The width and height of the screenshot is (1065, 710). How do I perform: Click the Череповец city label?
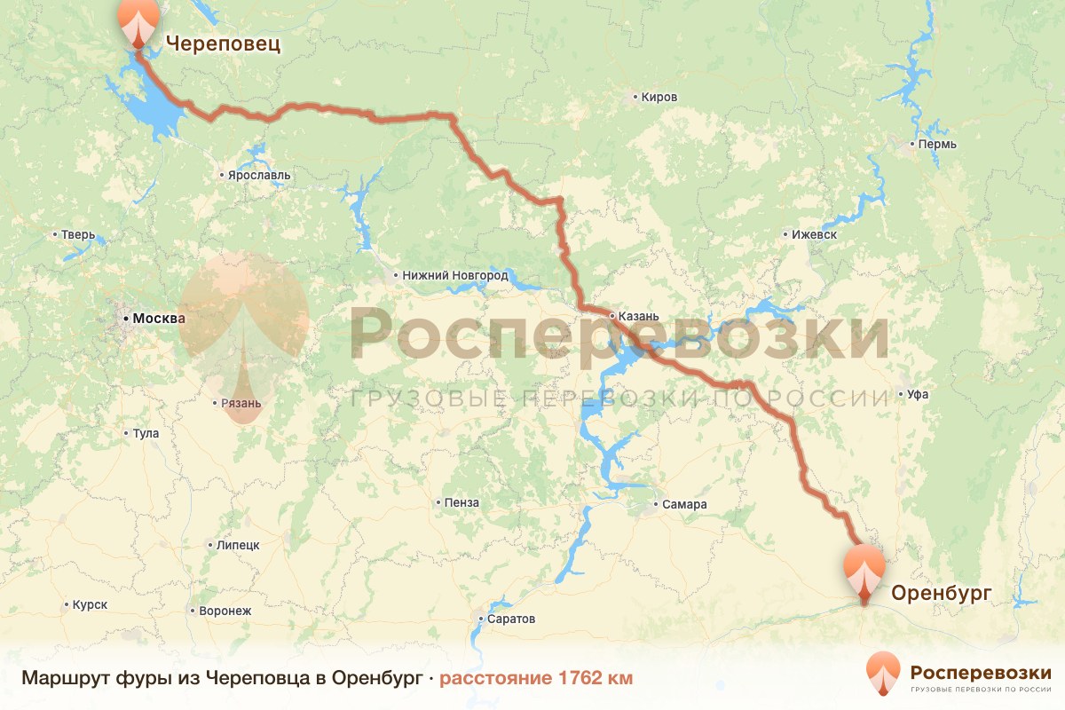pyautogui.click(x=223, y=43)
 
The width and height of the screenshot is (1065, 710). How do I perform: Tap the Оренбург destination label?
pyautogui.click(x=941, y=592)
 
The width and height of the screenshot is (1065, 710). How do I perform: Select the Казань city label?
pyautogui.click(x=639, y=316)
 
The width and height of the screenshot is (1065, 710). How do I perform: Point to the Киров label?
pyautogui.click(x=659, y=97)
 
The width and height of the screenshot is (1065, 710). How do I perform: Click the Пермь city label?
pyautogui.click(x=938, y=144)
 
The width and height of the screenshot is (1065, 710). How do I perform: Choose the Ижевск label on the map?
pyautogui.click(x=814, y=235)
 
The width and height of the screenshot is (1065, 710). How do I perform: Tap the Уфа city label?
pyautogui.click(x=918, y=394)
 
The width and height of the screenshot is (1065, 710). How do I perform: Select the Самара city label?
pyautogui.click(x=684, y=505)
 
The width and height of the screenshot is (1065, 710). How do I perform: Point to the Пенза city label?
pyautogui.click(x=461, y=503)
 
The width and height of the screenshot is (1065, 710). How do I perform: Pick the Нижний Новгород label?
pyautogui.click(x=454, y=276)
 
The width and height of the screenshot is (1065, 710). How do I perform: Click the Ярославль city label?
pyautogui.click(x=259, y=176)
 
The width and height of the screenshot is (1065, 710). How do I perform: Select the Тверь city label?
pyautogui.click(x=77, y=235)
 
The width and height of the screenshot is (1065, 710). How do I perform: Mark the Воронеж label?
pyautogui.click(x=225, y=611)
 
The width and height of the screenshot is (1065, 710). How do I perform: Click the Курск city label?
pyautogui.click(x=91, y=604)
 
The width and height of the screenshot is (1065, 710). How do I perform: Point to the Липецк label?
pyautogui.click(x=236, y=545)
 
